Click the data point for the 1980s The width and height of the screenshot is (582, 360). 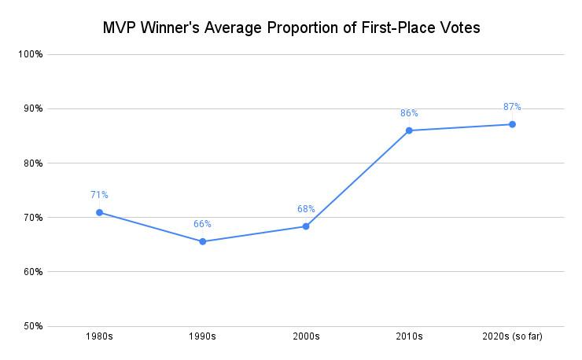tap(99, 212)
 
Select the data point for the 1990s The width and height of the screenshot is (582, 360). tap(202, 241)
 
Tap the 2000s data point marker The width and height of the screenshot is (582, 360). tap(306, 226)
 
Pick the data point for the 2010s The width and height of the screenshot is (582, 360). tap(409, 130)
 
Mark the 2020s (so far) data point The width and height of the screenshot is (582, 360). tap(512, 124)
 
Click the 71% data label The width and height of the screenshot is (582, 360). tap(99, 195)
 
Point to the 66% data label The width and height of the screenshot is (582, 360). tap(202, 224)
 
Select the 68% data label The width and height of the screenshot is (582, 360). tap(306, 209)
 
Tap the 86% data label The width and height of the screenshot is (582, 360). tap(409, 113)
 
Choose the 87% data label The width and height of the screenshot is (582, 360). tap(512, 107)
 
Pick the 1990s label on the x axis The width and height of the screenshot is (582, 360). tap(202, 337)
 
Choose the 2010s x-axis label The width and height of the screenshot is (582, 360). tap(409, 337)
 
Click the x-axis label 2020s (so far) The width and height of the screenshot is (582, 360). tap(512, 337)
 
